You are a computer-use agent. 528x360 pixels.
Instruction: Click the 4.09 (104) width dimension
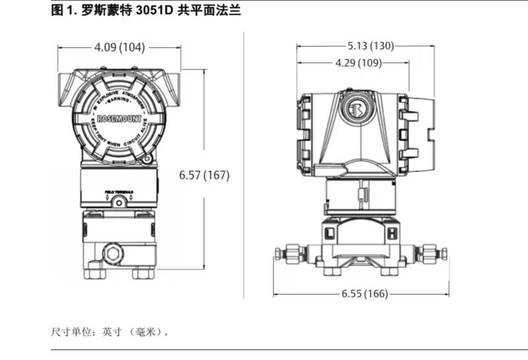tap(119, 47)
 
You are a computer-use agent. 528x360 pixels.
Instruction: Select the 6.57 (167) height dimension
tap(204, 175)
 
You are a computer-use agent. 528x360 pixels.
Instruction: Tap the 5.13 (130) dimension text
tap(370, 46)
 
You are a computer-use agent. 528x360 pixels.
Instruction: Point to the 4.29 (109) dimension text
tap(358, 63)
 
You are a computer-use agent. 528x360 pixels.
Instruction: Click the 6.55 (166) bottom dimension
tap(365, 293)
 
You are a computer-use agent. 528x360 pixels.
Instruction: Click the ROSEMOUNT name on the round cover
tap(119, 120)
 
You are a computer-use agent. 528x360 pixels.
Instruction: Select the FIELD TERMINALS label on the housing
tap(119, 191)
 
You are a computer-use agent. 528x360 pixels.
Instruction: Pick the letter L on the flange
tap(328, 232)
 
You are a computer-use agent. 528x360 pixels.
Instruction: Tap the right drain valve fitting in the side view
tap(431, 255)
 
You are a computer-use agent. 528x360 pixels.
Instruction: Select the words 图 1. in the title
tap(64, 11)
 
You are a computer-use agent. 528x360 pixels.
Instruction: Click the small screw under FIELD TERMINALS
tap(119, 200)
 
